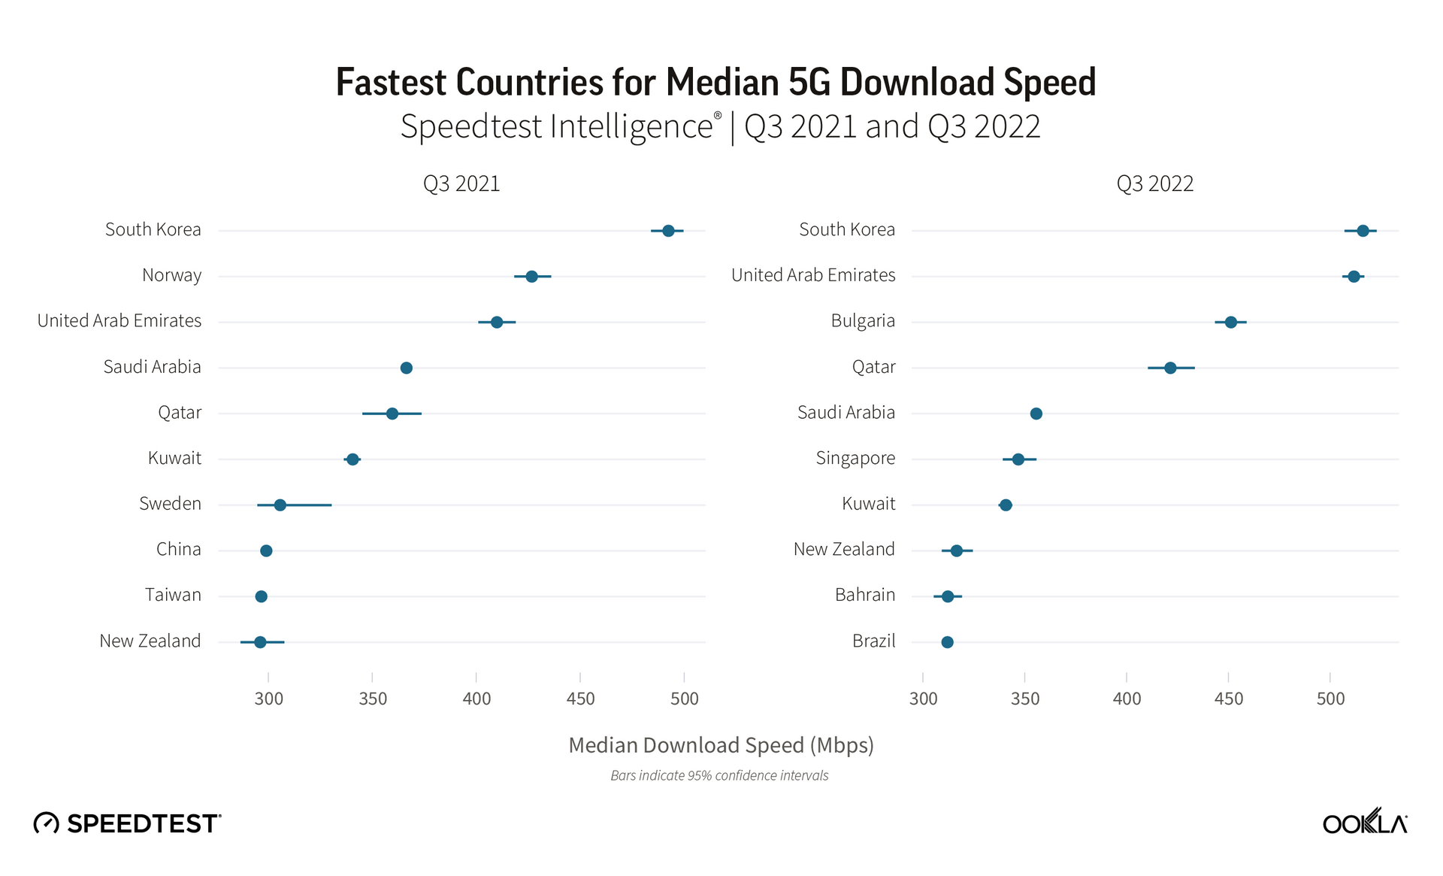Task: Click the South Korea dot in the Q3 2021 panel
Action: [668, 231]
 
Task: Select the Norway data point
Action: [531, 277]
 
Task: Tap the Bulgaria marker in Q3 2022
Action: [1230, 323]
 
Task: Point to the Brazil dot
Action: [947, 642]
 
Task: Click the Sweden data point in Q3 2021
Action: [280, 505]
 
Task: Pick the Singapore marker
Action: [1018, 459]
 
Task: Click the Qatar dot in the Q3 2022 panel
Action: [1170, 368]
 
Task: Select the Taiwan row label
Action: [173, 596]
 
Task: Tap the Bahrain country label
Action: [864, 596]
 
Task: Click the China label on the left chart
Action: [178, 550]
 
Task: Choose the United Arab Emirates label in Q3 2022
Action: [813, 275]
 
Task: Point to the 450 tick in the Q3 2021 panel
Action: [580, 699]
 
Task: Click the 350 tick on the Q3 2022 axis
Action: [1025, 699]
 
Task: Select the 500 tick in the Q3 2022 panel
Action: [1330, 699]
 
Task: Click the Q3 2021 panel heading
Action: [461, 184]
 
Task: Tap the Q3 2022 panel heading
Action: [1155, 184]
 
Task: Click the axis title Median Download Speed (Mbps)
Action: [721, 745]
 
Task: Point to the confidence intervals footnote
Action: [719, 776]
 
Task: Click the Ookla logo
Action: [1365, 822]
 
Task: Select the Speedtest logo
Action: [128, 823]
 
